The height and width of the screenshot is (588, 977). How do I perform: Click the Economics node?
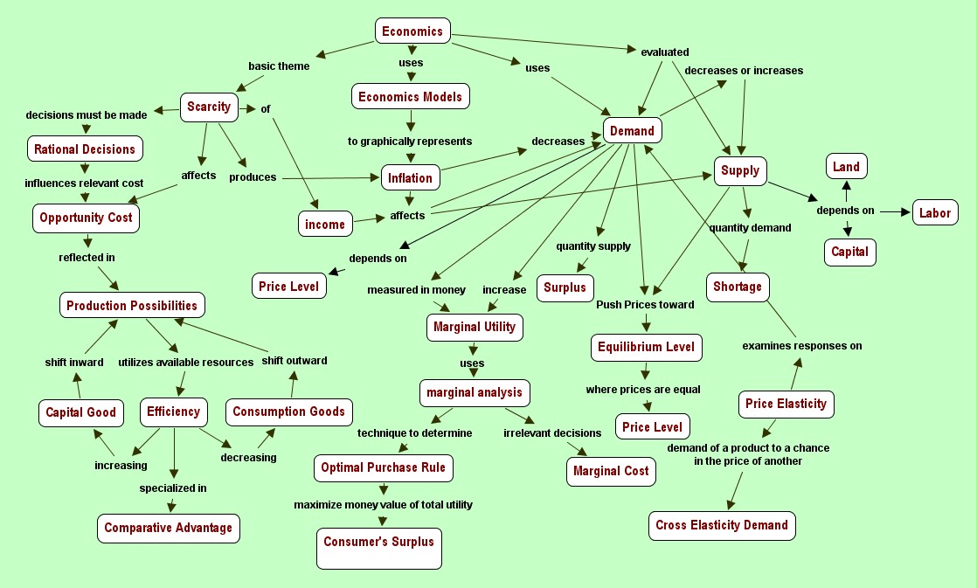click(412, 31)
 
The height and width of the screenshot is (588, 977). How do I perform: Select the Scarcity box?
click(209, 107)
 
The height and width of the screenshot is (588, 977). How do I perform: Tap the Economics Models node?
click(411, 96)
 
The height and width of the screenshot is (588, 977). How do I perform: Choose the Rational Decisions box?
click(85, 149)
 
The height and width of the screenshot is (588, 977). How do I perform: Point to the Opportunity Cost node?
click(86, 218)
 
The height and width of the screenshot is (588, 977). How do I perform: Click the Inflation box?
click(411, 178)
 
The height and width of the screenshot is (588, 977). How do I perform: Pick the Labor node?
click(935, 212)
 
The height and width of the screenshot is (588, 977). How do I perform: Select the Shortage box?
click(738, 287)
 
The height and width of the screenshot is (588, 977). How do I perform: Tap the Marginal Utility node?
click(475, 327)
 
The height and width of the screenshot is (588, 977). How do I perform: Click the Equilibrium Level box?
click(647, 347)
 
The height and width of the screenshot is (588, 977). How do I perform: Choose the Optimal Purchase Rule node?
click(383, 467)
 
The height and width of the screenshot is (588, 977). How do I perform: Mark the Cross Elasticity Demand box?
click(722, 525)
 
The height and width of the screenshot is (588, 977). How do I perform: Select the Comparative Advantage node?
click(169, 528)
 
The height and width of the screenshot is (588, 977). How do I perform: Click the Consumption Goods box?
click(288, 412)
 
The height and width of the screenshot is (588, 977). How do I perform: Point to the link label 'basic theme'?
click(279, 66)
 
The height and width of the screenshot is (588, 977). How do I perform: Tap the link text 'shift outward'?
click(294, 360)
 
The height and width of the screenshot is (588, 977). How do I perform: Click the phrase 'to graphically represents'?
click(410, 141)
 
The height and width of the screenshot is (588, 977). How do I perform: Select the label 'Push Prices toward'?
click(645, 305)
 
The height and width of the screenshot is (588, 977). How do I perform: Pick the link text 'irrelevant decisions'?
click(552, 432)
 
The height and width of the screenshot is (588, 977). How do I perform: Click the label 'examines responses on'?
click(802, 345)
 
